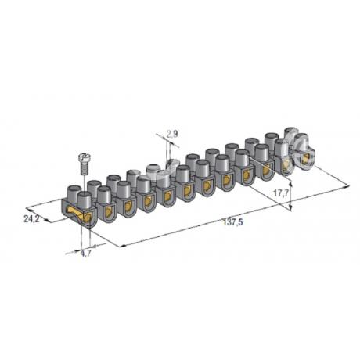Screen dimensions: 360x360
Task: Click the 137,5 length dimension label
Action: click(x=233, y=222)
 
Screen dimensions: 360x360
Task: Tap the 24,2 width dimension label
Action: click(x=31, y=219)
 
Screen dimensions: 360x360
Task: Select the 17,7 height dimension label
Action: click(x=281, y=193)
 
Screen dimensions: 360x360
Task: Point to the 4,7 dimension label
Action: click(x=85, y=254)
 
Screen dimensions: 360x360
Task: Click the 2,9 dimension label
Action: click(x=172, y=134)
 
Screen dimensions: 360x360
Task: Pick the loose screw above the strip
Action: click(x=84, y=164)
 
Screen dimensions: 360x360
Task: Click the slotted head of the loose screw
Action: click(x=84, y=157)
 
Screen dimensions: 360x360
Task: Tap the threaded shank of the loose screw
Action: click(x=84, y=168)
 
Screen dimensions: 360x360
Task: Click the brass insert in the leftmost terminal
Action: click(x=80, y=214)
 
